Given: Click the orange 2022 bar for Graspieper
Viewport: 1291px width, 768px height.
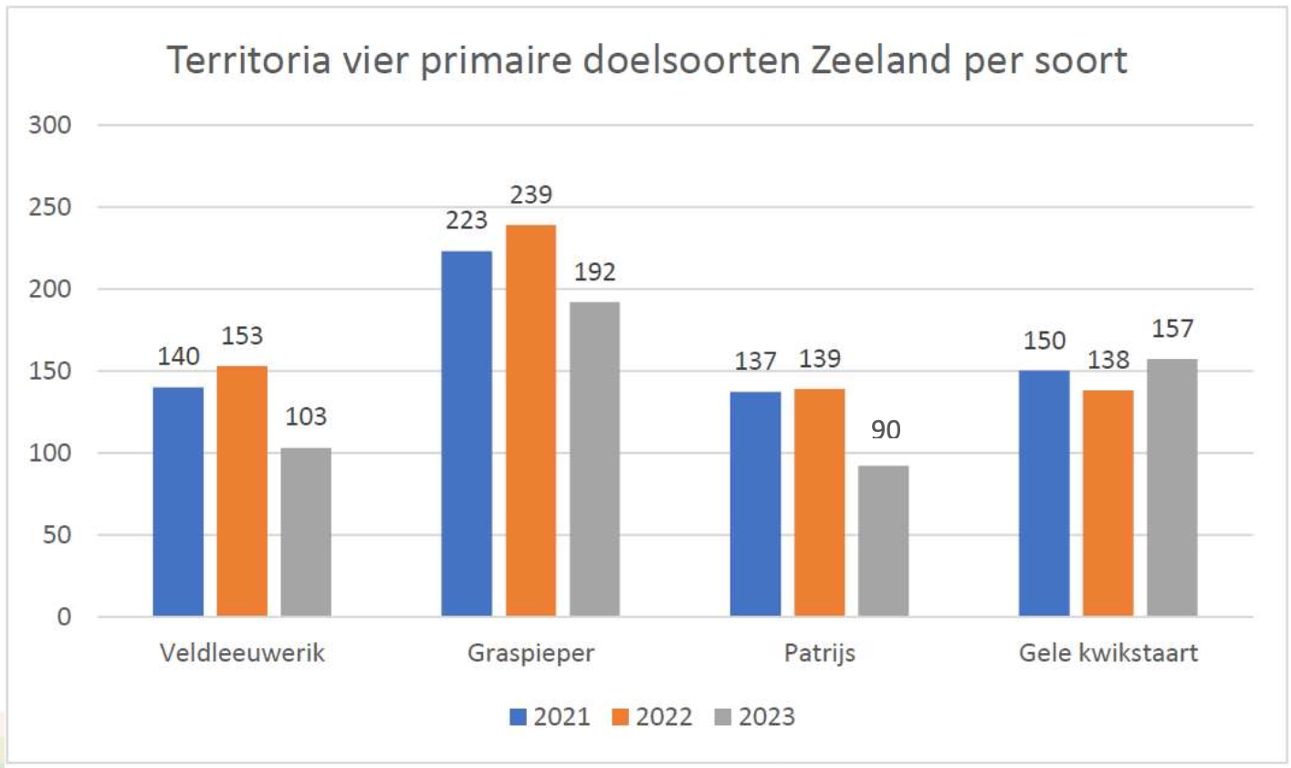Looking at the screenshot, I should point(530,420).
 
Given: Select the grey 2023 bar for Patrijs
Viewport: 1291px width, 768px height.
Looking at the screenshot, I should point(883,541).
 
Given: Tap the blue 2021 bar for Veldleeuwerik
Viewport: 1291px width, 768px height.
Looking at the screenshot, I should point(178,501).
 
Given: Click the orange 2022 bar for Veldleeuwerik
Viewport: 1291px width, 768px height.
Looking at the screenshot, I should point(242,490).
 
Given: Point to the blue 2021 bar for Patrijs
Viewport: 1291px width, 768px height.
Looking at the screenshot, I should point(756,503).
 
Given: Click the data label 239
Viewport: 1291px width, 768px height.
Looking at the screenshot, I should point(530,195).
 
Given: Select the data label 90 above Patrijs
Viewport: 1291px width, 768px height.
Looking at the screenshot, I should point(885,429).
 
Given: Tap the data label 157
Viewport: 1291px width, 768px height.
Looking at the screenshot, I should point(1172,328).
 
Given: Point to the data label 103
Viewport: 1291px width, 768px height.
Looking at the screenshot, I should point(305,416).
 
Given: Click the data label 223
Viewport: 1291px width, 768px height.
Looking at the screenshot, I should point(467,220).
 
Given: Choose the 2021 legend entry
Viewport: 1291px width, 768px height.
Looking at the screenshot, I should point(550,717).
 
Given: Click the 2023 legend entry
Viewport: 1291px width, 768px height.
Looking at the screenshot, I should point(754,717).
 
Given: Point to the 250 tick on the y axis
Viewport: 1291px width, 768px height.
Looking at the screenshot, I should point(50,207).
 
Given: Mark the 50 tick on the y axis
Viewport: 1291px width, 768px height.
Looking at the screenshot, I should point(57,535).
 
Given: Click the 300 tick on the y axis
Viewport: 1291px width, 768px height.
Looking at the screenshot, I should point(50,125).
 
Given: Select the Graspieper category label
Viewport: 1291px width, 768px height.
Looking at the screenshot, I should point(530,653).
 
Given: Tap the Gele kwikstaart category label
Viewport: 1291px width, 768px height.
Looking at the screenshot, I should point(1108,653).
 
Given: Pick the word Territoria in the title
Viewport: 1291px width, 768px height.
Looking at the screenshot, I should point(248,60).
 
